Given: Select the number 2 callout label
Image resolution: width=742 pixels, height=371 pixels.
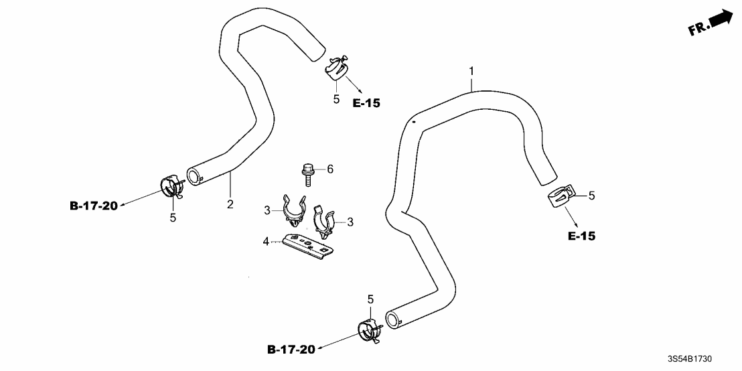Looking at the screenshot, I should (x=230, y=204).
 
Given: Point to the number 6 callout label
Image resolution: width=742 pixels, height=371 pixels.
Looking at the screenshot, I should (x=329, y=169).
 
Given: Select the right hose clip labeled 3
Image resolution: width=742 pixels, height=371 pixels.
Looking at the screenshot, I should (x=325, y=220).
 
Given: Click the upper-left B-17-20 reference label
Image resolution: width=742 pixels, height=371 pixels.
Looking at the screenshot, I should (x=94, y=206).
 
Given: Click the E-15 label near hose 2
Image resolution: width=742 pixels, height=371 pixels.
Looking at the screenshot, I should (x=366, y=103).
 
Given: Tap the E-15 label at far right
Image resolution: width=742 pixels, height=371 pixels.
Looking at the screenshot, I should (x=581, y=236).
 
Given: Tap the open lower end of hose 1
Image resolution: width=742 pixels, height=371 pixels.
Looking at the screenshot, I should (x=394, y=317).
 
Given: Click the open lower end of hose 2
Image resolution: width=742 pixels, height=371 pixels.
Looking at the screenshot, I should (x=194, y=177).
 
